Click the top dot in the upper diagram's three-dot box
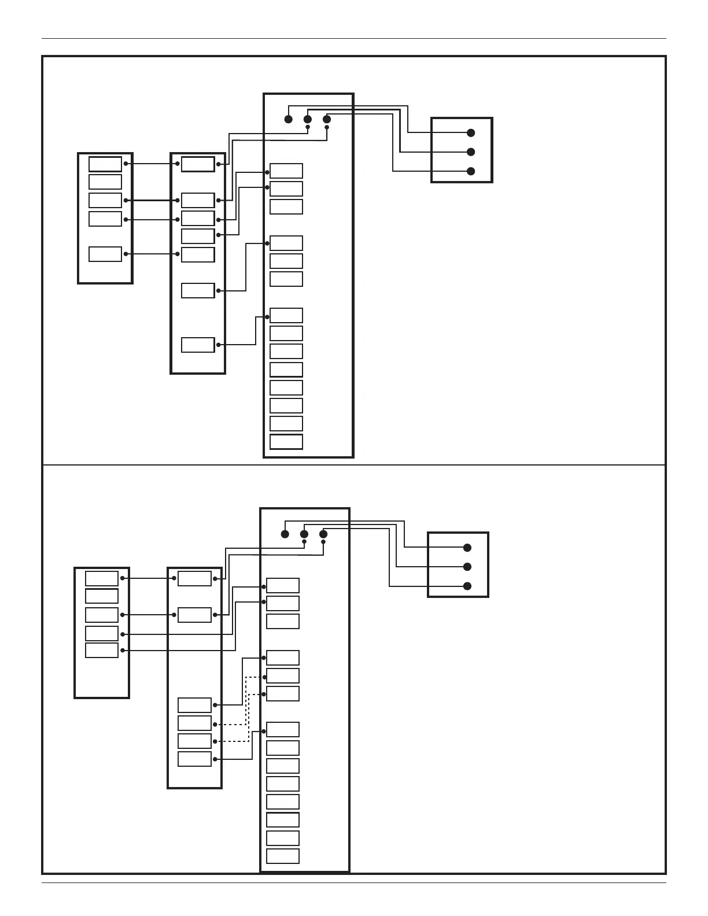pyautogui.click(x=471, y=133)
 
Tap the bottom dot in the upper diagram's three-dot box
pyautogui.click(x=471, y=171)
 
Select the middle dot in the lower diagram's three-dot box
pyautogui.click(x=467, y=567)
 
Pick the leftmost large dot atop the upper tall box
pyautogui.click(x=289, y=119)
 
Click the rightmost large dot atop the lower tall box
pyautogui.click(x=323, y=534)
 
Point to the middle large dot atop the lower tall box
pyautogui.click(x=304, y=534)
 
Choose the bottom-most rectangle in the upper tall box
pyautogui.click(x=286, y=442)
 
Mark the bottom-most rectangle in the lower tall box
pyautogui.click(x=283, y=856)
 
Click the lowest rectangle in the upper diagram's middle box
pyautogui.click(x=198, y=345)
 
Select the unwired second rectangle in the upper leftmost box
pyautogui.click(x=105, y=182)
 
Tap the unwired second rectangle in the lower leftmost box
pyautogui.click(x=102, y=596)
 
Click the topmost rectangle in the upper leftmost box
pyautogui.click(x=105, y=164)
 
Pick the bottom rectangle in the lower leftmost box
pyautogui.click(x=102, y=651)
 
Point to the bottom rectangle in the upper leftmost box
pyautogui.click(x=105, y=254)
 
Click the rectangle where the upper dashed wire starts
pyautogui.click(x=194, y=723)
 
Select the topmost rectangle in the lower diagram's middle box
pyautogui.click(x=194, y=578)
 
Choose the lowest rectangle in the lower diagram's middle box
pyautogui.click(x=194, y=759)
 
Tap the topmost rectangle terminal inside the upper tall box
pyautogui.click(x=286, y=171)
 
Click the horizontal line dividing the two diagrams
pyautogui.click(x=354, y=464)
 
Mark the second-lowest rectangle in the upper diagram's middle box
pyautogui.click(x=198, y=290)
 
